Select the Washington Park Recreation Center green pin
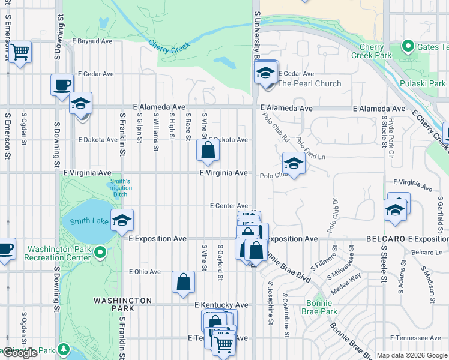point(101,253)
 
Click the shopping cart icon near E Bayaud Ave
point(20,52)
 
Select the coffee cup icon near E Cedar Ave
point(62,85)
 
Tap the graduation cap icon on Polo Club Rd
point(293,163)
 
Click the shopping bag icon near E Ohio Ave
point(183,282)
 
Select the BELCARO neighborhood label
point(385,239)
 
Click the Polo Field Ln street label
point(310,149)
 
